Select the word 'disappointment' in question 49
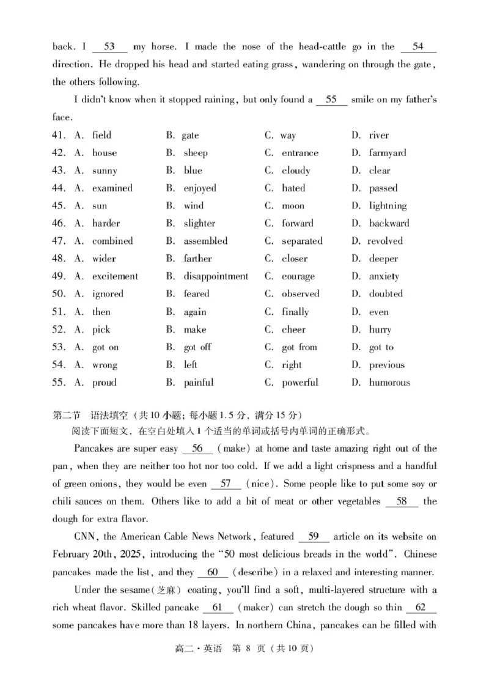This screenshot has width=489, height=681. (216, 276)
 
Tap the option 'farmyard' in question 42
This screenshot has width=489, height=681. (387, 153)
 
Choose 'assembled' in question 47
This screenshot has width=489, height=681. (205, 241)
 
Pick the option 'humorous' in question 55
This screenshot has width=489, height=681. (389, 383)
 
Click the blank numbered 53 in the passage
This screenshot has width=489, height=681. (110, 47)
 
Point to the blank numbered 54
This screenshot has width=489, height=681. (418, 47)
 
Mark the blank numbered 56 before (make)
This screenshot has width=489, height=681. (197, 449)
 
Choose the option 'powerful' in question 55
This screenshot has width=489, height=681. (300, 383)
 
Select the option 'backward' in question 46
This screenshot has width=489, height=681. (389, 223)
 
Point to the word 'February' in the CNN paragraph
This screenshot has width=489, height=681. (73, 554)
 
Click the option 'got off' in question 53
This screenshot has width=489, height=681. (197, 347)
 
